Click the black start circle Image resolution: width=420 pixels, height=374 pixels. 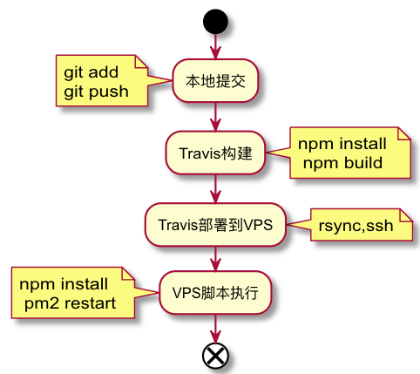click(x=215, y=22)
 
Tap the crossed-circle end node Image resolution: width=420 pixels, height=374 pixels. click(x=215, y=356)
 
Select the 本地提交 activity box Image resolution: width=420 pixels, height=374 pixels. click(x=215, y=81)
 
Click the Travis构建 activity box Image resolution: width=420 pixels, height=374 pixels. click(x=215, y=153)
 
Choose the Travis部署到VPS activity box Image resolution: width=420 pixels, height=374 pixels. click(x=215, y=225)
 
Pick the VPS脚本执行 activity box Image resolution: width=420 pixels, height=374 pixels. click(x=215, y=293)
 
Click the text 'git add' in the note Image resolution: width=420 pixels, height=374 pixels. click(x=91, y=72)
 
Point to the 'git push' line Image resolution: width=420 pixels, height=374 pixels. click(x=96, y=92)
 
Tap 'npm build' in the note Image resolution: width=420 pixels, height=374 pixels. click(x=342, y=163)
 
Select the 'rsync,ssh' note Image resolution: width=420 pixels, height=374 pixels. click(x=362, y=225)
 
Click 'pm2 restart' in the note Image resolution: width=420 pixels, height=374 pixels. click(x=70, y=303)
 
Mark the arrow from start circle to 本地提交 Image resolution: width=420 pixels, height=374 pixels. click(x=215, y=47)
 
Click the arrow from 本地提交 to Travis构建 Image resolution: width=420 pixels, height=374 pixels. click(x=215, y=117)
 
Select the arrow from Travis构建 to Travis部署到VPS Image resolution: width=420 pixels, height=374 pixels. click(x=215, y=189)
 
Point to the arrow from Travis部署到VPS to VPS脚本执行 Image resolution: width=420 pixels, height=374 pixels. click(x=215, y=259)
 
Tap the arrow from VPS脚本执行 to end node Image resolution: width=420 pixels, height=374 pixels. click(x=215, y=329)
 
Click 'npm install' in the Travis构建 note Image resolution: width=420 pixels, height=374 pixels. click(x=342, y=144)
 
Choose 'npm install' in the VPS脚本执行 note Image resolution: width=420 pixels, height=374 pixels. click(x=64, y=283)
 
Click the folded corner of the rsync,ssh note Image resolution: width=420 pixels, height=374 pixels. click(x=407, y=215)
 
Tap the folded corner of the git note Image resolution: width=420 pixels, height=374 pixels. click(x=141, y=61)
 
